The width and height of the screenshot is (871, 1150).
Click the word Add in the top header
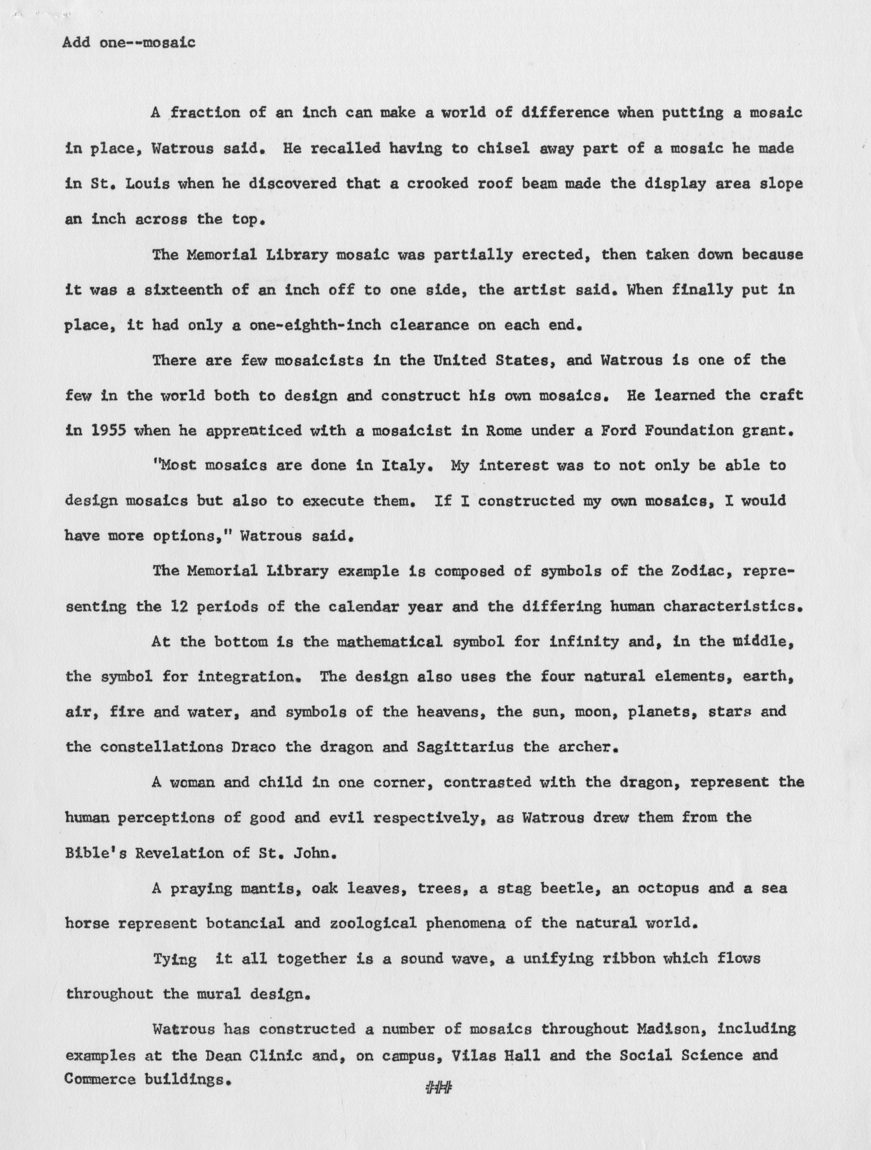pos(76,42)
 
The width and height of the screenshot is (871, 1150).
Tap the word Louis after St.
pos(147,184)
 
